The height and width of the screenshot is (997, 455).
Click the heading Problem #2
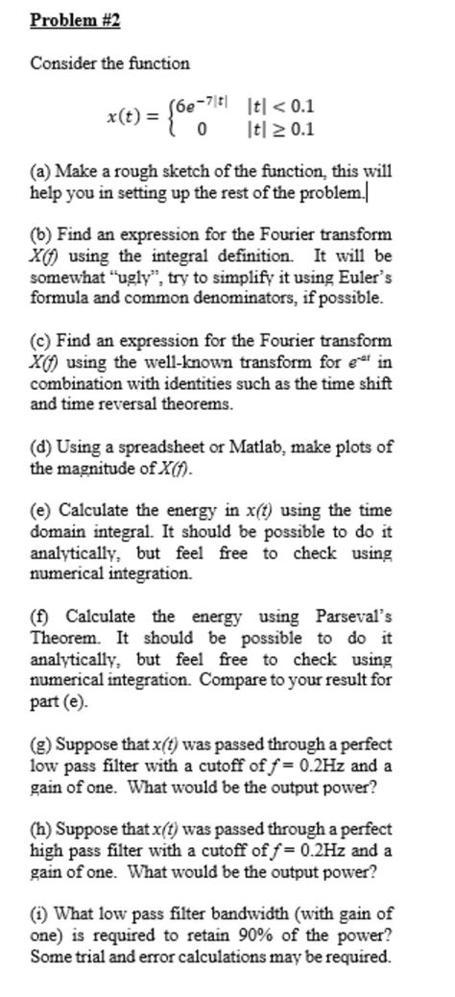pyautogui.click(x=75, y=20)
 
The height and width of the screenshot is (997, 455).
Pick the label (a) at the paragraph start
pyautogui.click(x=40, y=172)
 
